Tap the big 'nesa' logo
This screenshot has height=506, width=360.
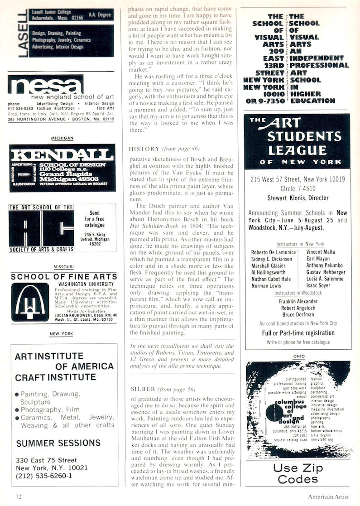click(x=45, y=86)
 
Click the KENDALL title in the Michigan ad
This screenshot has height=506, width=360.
click(x=62, y=153)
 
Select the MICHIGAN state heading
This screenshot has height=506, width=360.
click(x=62, y=138)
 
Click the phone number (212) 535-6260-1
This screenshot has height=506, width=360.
click(x=44, y=476)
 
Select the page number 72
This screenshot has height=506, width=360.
click(x=18, y=496)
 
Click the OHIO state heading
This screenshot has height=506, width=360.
click(x=299, y=357)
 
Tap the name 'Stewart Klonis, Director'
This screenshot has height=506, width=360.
click(x=298, y=198)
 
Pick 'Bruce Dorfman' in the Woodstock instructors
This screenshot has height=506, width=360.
click(x=298, y=315)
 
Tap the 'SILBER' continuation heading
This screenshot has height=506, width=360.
click(x=143, y=389)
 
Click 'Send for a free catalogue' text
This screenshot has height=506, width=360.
click(x=94, y=218)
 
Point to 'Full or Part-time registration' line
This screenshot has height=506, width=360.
click(x=298, y=333)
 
